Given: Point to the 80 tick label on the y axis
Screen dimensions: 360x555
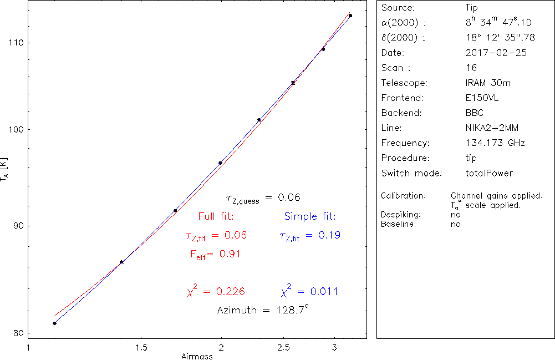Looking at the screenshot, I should click(17, 333).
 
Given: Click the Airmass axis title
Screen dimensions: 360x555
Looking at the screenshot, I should click(197, 356).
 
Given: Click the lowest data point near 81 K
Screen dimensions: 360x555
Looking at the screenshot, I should click(54, 323).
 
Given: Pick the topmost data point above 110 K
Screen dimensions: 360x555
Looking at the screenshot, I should click(350, 16).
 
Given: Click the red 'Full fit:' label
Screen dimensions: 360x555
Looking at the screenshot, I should click(216, 216).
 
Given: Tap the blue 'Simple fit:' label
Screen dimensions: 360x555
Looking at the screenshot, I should click(310, 216).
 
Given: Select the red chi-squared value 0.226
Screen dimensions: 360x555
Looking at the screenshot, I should click(229, 292).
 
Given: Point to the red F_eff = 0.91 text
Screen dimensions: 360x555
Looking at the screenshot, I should click(215, 255).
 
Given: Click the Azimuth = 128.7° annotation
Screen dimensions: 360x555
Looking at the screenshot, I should click(262, 310).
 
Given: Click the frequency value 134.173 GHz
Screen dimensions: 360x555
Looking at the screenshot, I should click(495, 143).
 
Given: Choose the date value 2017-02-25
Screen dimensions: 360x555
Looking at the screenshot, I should click(496, 53).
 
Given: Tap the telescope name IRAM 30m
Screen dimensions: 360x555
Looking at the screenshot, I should click(488, 83).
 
